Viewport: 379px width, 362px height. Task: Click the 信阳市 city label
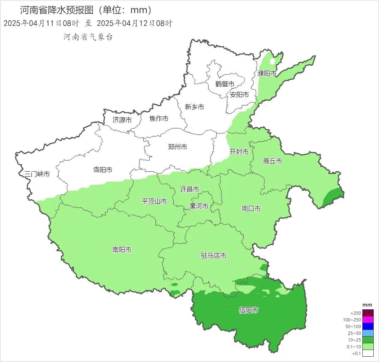pos(249,310)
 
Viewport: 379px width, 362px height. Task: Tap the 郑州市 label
pos(177,147)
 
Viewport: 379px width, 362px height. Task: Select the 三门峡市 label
pos(37,174)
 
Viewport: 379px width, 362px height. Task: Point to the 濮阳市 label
pos(267,73)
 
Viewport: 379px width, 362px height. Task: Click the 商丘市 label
pos(273,161)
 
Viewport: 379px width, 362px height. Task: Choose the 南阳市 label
pos(122,250)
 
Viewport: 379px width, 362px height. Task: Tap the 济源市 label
pos(122,120)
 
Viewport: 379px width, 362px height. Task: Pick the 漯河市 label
pos(199,206)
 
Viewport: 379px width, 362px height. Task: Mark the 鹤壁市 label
pos(225,84)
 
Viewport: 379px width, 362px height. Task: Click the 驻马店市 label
pos(213,256)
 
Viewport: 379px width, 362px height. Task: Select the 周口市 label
pos(251,209)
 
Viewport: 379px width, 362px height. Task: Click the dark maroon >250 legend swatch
pos(368,313)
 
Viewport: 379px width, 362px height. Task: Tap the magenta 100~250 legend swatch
pos(368,320)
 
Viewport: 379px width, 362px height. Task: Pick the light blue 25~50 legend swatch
pos(368,333)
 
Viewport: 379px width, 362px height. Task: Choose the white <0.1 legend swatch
pos(368,353)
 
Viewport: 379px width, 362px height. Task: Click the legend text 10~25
pos(355,340)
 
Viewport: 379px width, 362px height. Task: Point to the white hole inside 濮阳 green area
pos(272,61)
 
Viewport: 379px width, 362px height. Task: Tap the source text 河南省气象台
pos(88,37)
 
